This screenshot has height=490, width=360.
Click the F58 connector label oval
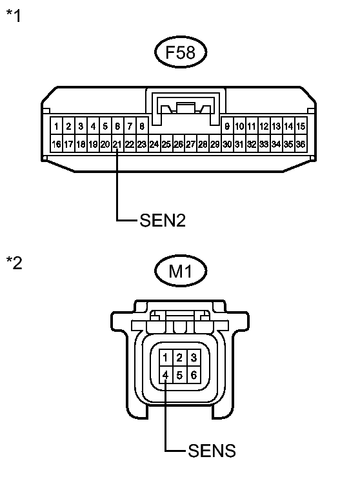coord(181,52)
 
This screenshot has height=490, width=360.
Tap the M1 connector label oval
coord(181,271)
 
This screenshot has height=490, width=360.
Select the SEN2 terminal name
coord(163,220)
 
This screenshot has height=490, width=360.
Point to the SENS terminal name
coord(212,451)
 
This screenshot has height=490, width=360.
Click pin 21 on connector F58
coord(117,144)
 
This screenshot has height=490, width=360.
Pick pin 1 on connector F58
coord(56,127)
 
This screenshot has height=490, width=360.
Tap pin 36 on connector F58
coord(301,144)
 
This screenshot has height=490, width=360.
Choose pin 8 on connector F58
coord(142,127)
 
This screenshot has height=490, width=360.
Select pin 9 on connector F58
coord(227,127)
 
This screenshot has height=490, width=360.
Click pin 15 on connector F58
coord(301,127)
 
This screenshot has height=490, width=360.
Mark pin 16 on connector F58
coord(56,144)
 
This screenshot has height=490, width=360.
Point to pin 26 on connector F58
coord(178,144)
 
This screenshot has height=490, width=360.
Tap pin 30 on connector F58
coord(227,144)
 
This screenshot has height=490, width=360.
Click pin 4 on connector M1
coord(165,374)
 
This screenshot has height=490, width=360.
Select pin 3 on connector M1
coord(194,358)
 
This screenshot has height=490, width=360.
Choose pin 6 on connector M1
coord(194,374)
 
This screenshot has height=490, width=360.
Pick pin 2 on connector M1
coord(179,358)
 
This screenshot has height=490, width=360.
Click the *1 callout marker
coord(14,15)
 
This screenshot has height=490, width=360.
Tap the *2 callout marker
coord(14,263)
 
